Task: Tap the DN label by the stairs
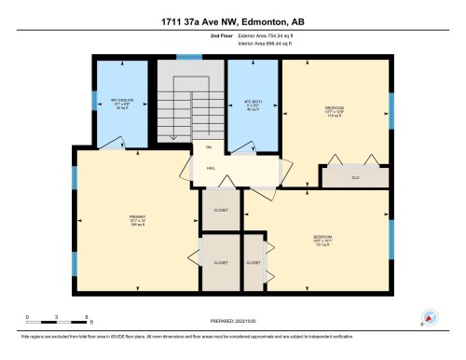(210, 147)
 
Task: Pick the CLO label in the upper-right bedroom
(355, 174)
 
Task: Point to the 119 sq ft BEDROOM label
(335, 110)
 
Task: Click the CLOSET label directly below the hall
(220, 211)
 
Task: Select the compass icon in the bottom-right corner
(430, 317)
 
